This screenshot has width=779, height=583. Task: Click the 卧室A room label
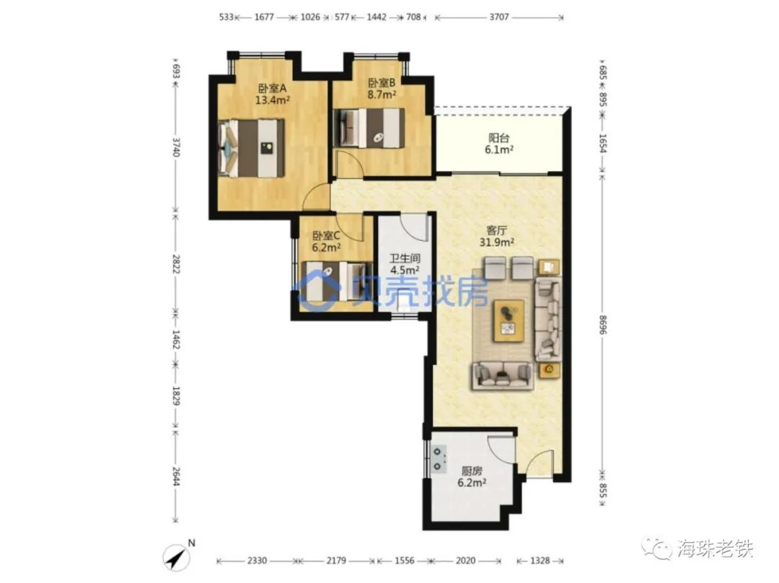[272, 88]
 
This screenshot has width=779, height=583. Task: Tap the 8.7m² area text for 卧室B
[382, 94]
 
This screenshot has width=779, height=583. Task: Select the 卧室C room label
[326, 235]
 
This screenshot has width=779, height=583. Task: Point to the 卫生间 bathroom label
[405, 258]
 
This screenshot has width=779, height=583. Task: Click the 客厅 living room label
[496, 230]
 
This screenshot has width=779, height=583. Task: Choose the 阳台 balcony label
[499, 138]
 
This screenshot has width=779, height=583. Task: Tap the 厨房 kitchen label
[472, 470]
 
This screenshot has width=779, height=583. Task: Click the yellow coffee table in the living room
[509, 320]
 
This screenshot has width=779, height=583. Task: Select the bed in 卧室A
[252, 148]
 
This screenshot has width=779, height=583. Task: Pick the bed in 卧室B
[370, 128]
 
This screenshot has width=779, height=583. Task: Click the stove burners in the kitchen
[438, 459]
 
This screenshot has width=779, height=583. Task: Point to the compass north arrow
[177, 557]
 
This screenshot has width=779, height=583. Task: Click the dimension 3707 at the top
[499, 17]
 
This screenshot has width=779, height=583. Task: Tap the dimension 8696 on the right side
[602, 325]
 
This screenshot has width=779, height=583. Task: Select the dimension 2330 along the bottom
[257, 561]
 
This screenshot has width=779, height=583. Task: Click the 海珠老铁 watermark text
[716, 548]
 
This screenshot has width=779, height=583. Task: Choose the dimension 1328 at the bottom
[540, 561]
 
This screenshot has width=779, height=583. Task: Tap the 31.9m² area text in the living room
[496, 242]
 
